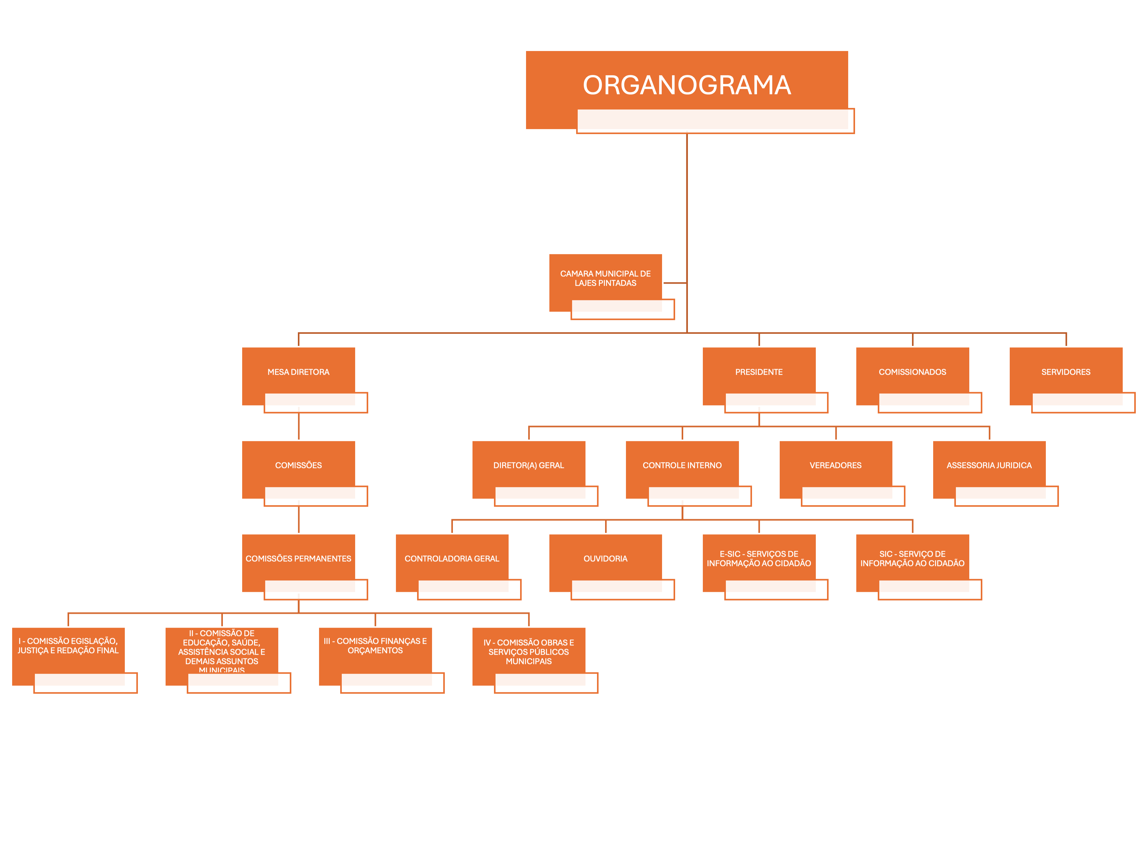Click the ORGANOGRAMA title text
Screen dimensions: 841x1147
687,85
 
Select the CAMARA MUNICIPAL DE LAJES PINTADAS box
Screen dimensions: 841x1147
605,278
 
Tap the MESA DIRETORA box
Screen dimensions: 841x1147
299,372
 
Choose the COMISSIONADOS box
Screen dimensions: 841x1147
912,372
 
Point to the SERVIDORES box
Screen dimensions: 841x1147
1065,372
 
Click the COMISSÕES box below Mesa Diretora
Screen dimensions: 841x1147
299,465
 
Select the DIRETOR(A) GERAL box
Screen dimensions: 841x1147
529,465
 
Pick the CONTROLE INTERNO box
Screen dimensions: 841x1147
682,465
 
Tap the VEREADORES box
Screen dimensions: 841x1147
835,465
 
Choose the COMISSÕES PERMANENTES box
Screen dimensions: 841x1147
299,559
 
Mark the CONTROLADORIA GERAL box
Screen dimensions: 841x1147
452,559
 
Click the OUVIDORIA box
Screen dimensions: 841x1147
605,559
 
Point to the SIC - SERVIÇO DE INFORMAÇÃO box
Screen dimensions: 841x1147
912,559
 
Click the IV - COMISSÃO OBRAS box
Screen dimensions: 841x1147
529,652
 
